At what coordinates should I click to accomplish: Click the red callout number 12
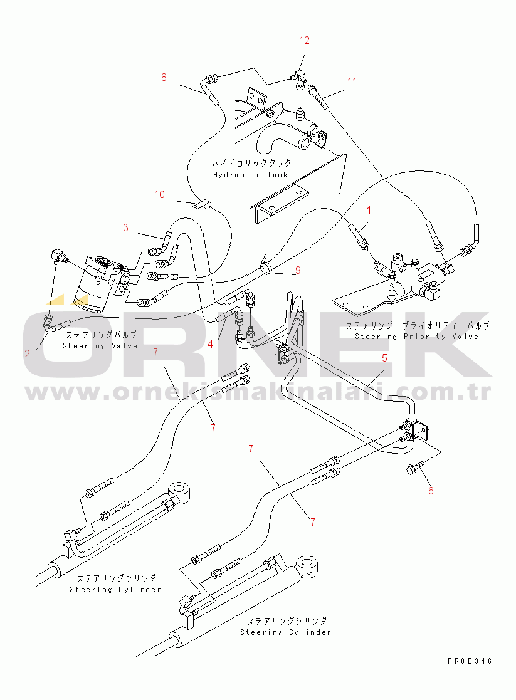click(x=304, y=41)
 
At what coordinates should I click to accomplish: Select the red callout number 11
click(x=352, y=81)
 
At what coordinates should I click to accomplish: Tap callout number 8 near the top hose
click(x=164, y=78)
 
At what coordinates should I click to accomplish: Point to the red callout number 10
click(x=159, y=195)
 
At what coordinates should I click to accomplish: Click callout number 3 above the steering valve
click(x=125, y=227)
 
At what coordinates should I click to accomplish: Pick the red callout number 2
click(x=27, y=353)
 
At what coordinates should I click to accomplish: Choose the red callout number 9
click(x=298, y=271)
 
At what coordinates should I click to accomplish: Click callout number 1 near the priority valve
click(x=369, y=209)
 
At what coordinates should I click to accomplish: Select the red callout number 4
click(x=211, y=344)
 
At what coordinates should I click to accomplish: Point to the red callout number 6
click(x=431, y=491)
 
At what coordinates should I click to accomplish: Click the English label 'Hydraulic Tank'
click(x=251, y=175)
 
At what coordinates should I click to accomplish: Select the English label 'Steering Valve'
click(x=100, y=346)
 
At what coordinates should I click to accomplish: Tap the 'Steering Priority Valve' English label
click(x=416, y=337)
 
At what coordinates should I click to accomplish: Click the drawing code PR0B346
click(x=470, y=661)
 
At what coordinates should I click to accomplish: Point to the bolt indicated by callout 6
click(x=414, y=466)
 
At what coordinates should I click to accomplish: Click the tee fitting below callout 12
click(x=300, y=79)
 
